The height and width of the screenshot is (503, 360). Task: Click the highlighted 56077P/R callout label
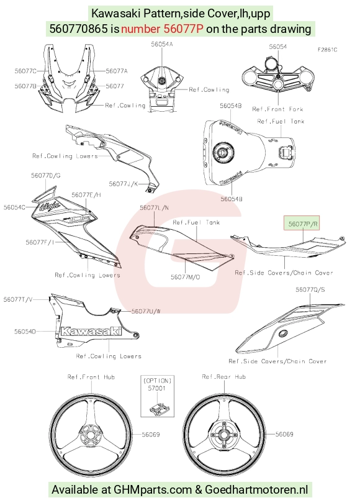303,224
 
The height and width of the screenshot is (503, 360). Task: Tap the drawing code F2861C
327,50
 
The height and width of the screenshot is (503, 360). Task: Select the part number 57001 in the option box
157,388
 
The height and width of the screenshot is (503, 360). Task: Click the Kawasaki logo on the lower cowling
91,331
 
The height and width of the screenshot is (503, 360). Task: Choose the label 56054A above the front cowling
162,44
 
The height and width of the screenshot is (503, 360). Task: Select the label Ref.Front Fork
277,109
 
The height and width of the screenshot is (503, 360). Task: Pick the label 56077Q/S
310,289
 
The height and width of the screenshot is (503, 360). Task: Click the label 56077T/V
18,299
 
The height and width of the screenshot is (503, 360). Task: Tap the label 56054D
25,332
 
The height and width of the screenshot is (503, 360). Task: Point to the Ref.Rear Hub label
223,376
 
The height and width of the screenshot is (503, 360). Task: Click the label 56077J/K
124,184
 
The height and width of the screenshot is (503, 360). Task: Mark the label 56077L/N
154,208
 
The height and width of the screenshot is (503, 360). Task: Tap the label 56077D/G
45,176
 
